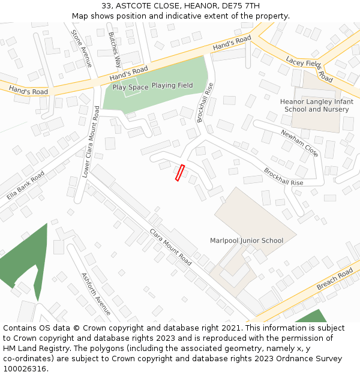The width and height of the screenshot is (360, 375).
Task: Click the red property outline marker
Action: [179, 172]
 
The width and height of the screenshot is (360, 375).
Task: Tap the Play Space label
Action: [130, 88]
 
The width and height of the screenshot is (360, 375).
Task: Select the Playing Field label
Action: [172, 86]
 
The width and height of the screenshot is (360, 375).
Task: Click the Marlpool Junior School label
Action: [247, 241]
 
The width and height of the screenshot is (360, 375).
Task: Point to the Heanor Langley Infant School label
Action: [316, 106]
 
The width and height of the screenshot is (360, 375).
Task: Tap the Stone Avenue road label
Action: [82, 48]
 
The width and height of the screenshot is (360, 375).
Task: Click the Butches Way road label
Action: [115, 49]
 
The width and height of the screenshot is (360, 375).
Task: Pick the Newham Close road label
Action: [299, 143]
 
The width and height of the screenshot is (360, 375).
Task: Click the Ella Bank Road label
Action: [26, 185]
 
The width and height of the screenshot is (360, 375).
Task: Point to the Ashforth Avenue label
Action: [96, 293]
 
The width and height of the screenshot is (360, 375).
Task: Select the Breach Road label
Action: [335, 280]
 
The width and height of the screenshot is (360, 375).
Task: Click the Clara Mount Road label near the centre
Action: [170, 247]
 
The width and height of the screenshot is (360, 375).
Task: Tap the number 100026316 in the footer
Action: [25, 369]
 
